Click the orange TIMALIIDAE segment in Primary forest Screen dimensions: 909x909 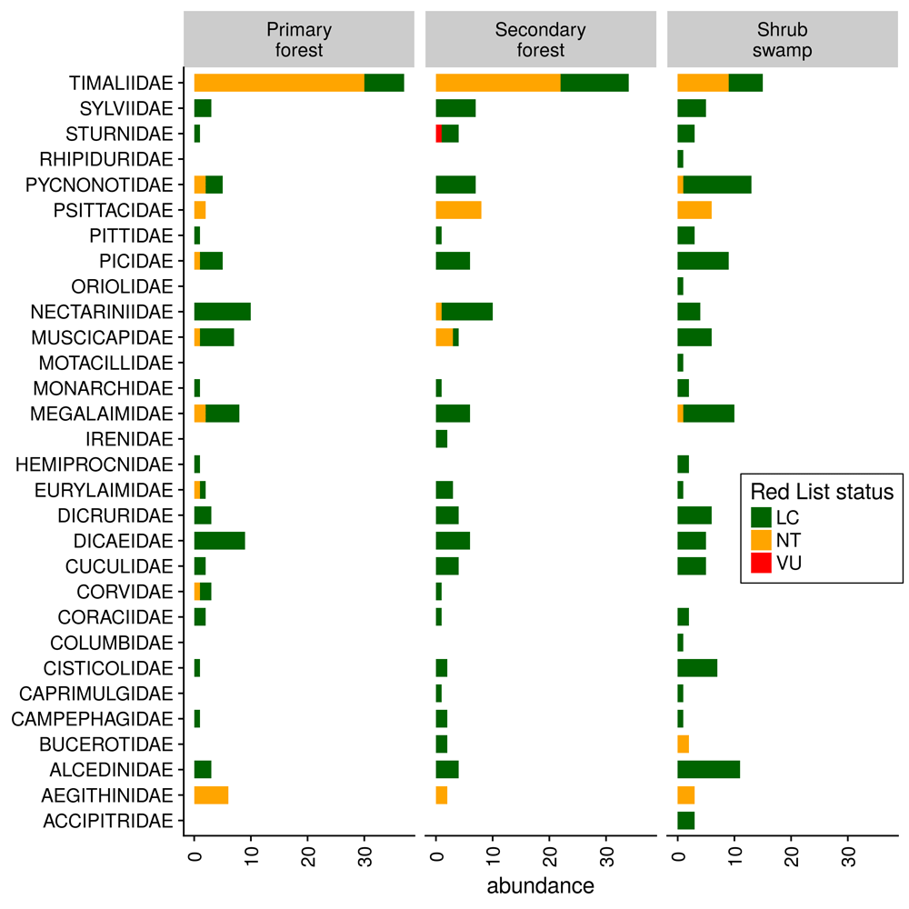point(279,83)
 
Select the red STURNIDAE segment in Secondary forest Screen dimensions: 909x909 point(439,134)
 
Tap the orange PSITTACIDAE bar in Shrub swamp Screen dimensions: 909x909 point(694,210)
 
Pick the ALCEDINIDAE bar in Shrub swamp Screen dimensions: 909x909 point(708,770)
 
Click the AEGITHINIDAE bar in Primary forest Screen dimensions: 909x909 point(211,795)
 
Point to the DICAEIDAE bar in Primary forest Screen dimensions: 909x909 point(219,541)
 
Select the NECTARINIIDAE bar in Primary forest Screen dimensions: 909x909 point(222,312)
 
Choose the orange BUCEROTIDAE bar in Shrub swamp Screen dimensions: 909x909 point(684,744)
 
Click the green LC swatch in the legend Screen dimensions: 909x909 point(762,518)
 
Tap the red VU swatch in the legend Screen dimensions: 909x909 point(762,564)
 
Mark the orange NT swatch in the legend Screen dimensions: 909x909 point(762,541)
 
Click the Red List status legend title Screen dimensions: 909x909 point(822,492)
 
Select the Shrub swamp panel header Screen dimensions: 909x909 point(782,40)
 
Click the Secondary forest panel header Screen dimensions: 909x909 point(541,40)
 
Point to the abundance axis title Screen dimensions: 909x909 point(541,885)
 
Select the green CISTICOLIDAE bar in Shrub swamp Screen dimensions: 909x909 point(697,668)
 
